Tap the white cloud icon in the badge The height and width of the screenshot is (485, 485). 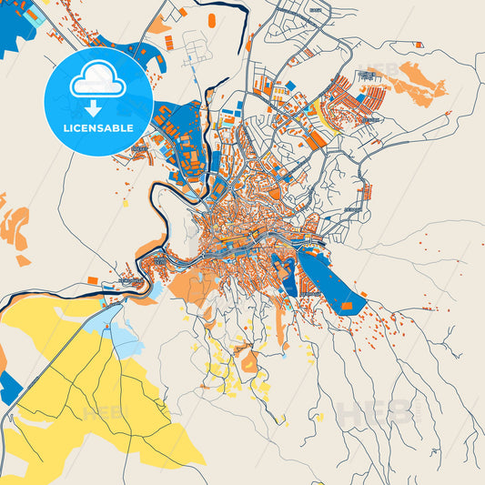pos(98,81)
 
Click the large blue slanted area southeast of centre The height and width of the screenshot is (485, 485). pos(332,282)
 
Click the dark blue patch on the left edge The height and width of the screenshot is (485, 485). pos(9,387)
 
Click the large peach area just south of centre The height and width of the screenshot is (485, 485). pos(196,287)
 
